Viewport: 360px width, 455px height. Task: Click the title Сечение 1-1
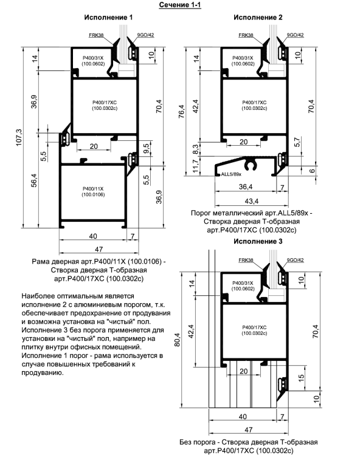(180, 5)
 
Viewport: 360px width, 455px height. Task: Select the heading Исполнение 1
(108, 18)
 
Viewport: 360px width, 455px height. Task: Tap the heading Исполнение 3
(258, 241)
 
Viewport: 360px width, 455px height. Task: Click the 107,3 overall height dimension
(19, 137)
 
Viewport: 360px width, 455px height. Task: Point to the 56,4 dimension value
(34, 180)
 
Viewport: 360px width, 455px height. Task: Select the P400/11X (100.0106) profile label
(93, 191)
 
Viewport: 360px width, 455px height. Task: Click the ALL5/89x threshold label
(231, 174)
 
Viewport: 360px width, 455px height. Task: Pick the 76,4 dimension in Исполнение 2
(181, 111)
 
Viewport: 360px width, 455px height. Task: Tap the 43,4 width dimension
(252, 201)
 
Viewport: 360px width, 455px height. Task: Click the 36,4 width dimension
(246, 186)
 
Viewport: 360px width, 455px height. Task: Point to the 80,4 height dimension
(177, 340)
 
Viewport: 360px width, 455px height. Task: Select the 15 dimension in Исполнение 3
(301, 377)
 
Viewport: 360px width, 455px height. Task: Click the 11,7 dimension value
(196, 166)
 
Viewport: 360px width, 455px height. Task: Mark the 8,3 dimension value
(196, 149)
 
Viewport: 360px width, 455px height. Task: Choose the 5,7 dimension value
(297, 142)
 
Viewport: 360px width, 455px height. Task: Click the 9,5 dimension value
(147, 149)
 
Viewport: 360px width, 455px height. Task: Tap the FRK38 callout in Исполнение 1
(96, 35)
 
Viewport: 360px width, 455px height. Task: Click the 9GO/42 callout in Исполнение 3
(295, 260)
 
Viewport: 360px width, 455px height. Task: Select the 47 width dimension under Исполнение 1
(99, 249)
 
